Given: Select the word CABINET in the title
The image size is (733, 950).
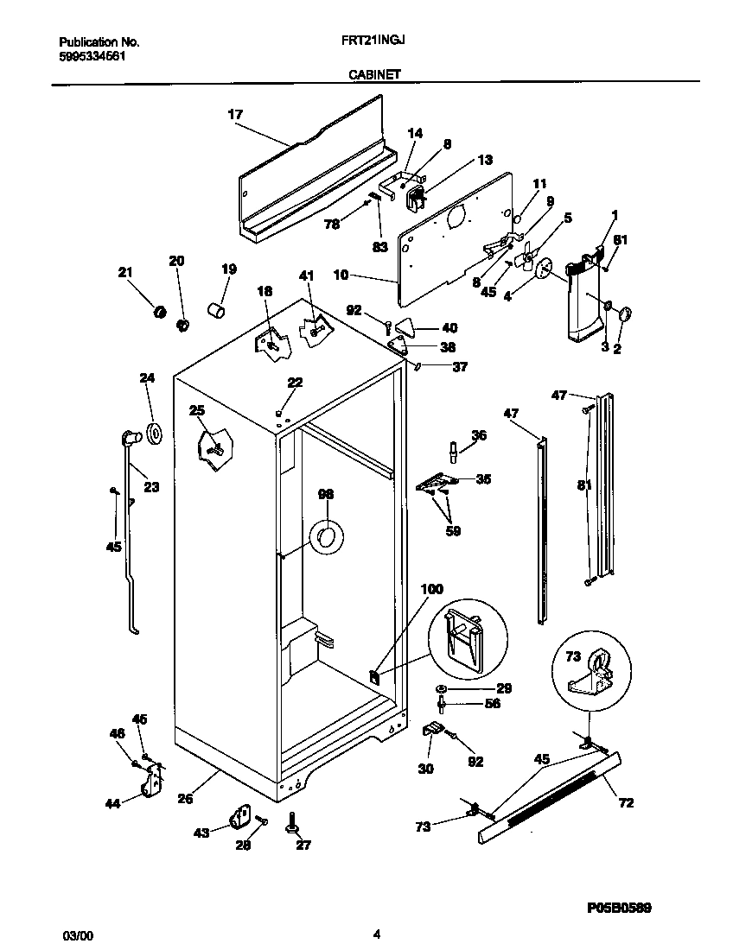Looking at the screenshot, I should point(373,75).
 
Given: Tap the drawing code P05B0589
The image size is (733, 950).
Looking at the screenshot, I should point(619,909).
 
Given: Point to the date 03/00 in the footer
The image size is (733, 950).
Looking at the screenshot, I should point(76,934).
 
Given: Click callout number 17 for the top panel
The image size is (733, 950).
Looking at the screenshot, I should point(235,114).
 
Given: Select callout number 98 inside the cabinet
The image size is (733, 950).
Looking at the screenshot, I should point(325,495).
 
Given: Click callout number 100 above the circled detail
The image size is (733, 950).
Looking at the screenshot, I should point(431,589).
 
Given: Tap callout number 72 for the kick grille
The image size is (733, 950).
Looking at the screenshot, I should point(626,803).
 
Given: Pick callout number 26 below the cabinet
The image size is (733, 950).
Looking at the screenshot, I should point(185,799).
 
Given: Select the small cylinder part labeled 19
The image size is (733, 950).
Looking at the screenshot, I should point(217,307).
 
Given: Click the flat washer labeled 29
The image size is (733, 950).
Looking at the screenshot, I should point(442,688).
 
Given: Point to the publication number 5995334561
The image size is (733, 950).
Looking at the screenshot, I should point(95,54).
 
